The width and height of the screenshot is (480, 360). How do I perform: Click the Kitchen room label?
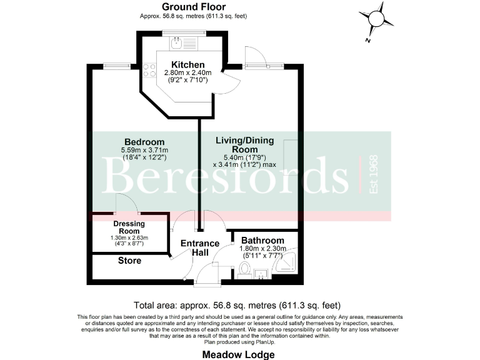point(187,65)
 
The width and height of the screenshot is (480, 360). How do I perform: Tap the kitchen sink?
point(177,43)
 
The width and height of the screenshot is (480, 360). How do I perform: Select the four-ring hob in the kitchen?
point(149,71)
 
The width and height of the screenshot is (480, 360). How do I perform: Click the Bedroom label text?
point(144,142)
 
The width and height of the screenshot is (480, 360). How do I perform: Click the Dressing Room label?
point(129,228)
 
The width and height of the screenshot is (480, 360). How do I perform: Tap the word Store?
point(129,261)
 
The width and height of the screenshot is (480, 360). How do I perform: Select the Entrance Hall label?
point(200,247)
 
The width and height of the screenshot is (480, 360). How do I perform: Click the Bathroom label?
point(262,241)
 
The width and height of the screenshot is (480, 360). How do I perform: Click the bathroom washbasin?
point(262,273)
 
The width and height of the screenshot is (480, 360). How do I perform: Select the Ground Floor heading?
point(185,6)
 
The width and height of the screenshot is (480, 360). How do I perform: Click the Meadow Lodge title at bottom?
point(239,354)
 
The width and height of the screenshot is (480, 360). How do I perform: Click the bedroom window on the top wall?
point(116,64)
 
